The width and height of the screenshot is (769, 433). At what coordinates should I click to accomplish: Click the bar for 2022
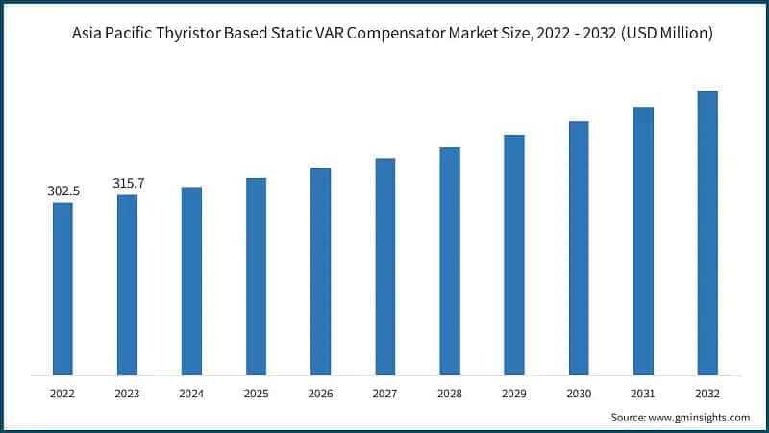click(x=62, y=289)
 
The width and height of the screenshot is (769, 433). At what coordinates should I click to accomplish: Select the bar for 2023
click(x=127, y=285)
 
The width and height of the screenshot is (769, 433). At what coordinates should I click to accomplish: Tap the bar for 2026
click(x=320, y=271)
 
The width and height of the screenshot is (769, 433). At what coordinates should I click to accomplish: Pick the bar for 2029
click(x=514, y=255)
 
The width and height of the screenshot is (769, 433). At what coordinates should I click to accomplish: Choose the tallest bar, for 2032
click(x=707, y=233)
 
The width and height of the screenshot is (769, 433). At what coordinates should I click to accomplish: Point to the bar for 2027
click(x=384, y=267)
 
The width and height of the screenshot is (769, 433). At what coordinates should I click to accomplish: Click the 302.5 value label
click(x=63, y=191)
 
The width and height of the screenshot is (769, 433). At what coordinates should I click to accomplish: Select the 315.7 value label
click(x=128, y=184)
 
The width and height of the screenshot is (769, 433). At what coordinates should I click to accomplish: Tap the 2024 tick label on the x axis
click(x=191, y=394)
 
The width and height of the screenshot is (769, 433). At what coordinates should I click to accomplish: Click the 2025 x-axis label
click(x=256, y=394)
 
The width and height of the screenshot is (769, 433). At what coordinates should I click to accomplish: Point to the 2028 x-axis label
click(x=450, y=394)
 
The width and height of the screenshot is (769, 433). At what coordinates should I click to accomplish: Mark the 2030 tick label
click(x=579, y=394)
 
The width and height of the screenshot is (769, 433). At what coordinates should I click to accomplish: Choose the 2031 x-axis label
click(x=643, y=394)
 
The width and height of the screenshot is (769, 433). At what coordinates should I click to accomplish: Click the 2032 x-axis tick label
click(x=707, y=394)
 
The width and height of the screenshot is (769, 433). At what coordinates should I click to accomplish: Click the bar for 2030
click(x=579, y=248)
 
